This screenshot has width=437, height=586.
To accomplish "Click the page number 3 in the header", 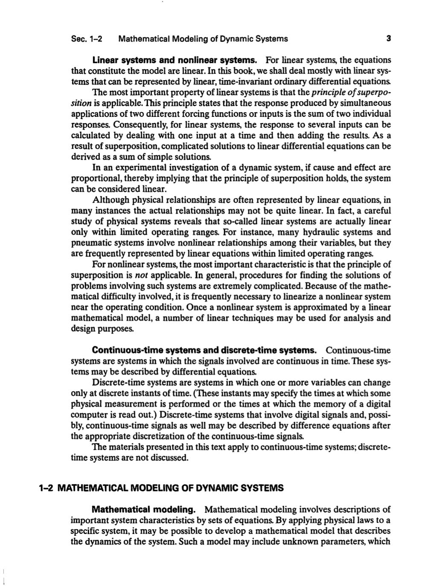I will coord(388,39).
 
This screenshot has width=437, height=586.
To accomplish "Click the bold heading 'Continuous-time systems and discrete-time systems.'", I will coord(204,351).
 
